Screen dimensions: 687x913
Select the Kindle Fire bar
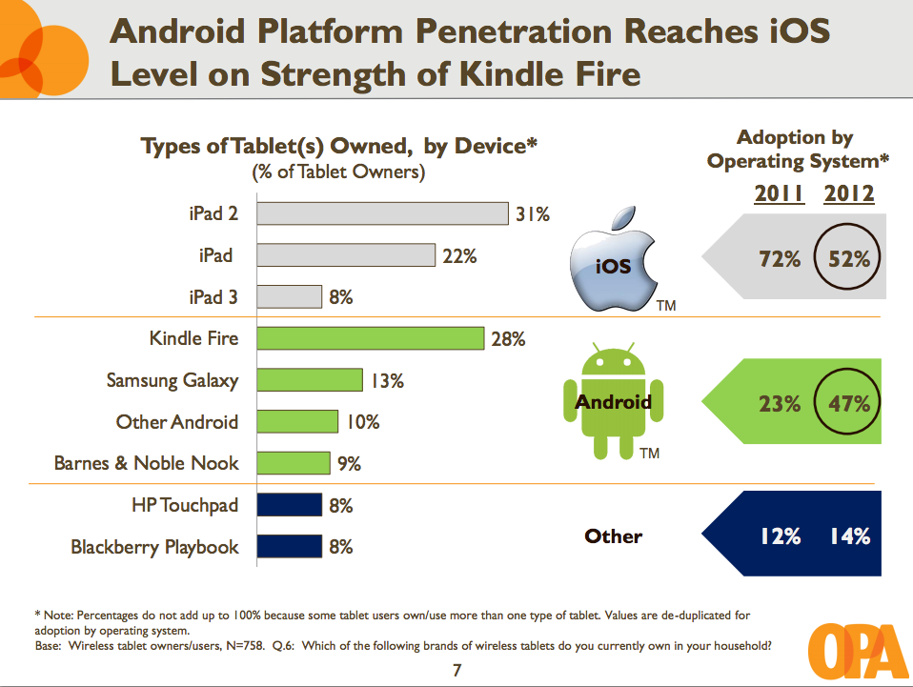(x=372, y=338)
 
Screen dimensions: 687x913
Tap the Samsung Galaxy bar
(x=310, y=380)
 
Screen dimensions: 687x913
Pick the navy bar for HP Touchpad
(x=290, y=505)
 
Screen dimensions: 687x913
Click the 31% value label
(x=533, y=214)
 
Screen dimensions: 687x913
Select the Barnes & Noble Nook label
(x=146, y=464)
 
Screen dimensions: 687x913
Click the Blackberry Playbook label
(x=154, y=547)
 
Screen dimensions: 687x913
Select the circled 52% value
(x=848, y=257)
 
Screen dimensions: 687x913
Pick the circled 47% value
(x=848, y=404)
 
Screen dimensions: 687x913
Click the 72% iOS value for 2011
(x=780, y=257)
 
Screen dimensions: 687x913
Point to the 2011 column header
(x=779, y=194)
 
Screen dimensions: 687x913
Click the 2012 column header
(x=849, y=194)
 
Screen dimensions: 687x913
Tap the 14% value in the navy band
(x=848, y=536)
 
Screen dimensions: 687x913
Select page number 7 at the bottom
(x=456, y=671)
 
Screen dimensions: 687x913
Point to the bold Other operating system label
(x=613, y=536)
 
